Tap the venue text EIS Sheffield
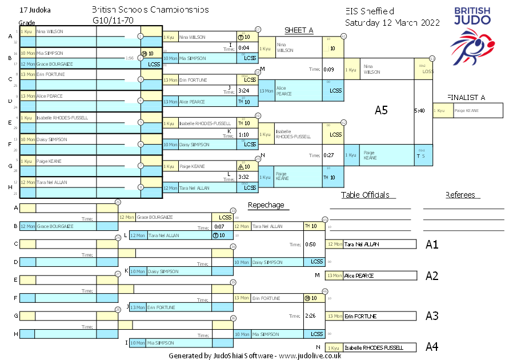point(370,11)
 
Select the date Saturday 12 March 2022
point(392,23)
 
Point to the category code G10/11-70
point(113,20)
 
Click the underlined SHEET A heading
point(299,30)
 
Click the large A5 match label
point(381,110)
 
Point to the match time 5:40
point(419,110)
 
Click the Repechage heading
point(266,205)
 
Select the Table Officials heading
point(368,195)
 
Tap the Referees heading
point(460,195)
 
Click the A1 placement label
point(432,245)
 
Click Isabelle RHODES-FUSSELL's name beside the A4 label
point(374,347)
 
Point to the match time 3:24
point(243,91)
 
